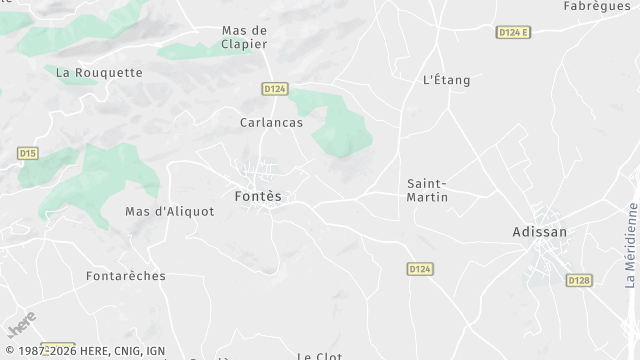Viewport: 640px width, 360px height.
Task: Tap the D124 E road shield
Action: (x=513, y=32)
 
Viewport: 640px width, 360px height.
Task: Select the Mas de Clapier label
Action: (x=246, y=37)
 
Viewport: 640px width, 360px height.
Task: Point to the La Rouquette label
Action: (x=99, y=72)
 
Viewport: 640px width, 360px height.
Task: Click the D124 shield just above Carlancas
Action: (x=275, y=89)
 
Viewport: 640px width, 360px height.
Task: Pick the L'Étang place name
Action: (x=446, y=80)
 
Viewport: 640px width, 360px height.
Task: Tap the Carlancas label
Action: (x=271, y=123)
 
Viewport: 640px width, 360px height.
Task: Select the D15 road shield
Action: (x=28, y=153)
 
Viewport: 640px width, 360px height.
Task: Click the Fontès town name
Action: (x=258, y=196)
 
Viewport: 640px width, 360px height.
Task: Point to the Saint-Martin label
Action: (x=428, y=190)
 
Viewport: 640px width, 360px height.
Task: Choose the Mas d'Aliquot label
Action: (x=169, y=211)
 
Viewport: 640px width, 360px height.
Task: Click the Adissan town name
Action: (x=539, y=232)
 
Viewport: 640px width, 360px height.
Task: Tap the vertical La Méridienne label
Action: (x=632, y=238)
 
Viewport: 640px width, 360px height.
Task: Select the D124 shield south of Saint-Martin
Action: (x=421, y=269)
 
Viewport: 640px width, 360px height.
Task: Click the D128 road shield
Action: (x=579, y=281)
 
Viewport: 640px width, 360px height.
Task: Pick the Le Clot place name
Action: (x=320, y=355)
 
